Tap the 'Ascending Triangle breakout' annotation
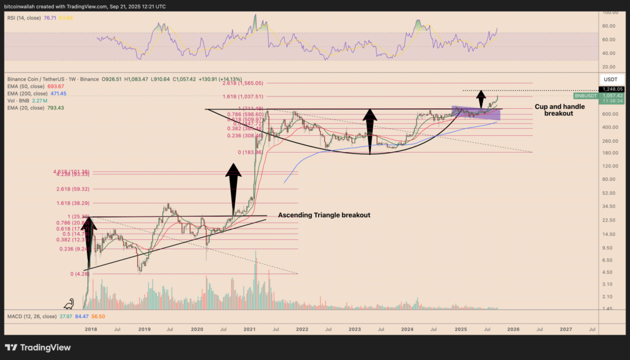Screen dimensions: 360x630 coord(324,215)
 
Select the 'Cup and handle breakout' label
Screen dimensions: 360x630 coord(560,110)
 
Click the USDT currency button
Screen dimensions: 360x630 coord(610,79)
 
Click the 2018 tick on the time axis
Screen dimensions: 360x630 coord(91,330)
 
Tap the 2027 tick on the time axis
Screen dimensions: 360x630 coord(565,330)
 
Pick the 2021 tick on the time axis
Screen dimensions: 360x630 coord(250,330)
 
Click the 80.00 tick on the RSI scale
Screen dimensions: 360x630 coord(609,26)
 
